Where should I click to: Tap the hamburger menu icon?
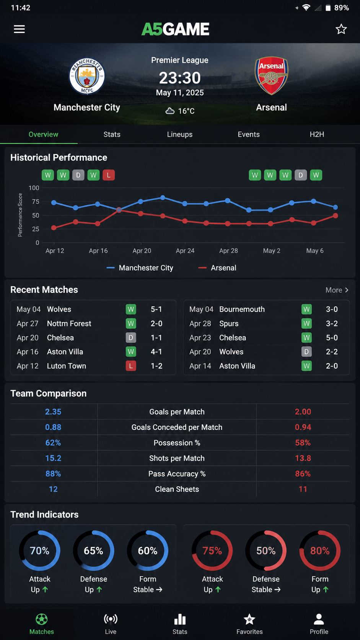pos(19,29)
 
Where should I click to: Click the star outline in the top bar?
pos(341,29)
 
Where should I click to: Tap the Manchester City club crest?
pos(87,76)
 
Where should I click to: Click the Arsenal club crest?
pos(271,76)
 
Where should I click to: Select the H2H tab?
pos(317,134)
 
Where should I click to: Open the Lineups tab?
pos(179,134)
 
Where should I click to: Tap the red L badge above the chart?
pos(109,175)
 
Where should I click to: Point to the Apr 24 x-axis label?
pos(185,251)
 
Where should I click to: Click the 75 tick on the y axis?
pos(36,202)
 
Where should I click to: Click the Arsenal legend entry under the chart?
pos(217,268)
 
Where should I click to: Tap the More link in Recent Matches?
pos(337,290)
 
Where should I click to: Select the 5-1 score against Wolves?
pos(156,309)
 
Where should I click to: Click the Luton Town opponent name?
pos(67,366)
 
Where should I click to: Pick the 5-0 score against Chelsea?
pos(332,338)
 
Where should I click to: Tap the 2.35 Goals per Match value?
pos(53,412)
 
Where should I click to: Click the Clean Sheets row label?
pos(177,489)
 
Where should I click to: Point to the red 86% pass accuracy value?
pos(303,474)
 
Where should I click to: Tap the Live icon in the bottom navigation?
pos(111,619)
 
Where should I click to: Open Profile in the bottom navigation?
pos(319,624)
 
